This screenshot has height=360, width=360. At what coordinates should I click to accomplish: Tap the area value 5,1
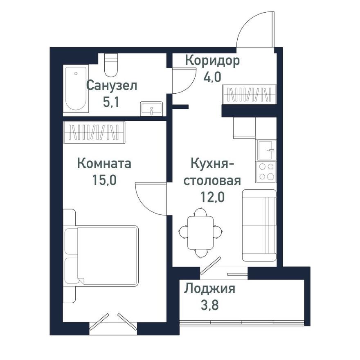(x=111, y=102)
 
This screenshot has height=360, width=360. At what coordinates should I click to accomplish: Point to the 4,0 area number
(x=212, y=76)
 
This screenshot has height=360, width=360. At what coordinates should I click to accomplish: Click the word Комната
(x=104, y=164)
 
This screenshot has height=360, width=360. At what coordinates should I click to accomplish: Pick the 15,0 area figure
(x=104, y=180)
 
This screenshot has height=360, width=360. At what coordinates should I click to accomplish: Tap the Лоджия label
(x=209, y=289)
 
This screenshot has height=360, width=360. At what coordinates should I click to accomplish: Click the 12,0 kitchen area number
(x=212, y=197)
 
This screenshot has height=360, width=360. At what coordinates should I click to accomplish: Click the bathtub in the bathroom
(x=76, y=88)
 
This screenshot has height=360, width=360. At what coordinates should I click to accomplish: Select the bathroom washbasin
(x=151, y=109)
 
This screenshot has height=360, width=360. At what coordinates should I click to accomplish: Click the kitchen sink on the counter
(x=266, y=150)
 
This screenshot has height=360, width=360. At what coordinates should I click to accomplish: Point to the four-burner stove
(x=266, y=172)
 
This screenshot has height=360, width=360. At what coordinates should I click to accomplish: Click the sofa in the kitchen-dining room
(x=259, y=225)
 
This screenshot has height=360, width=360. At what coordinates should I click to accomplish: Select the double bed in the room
(x=102, y=256)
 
